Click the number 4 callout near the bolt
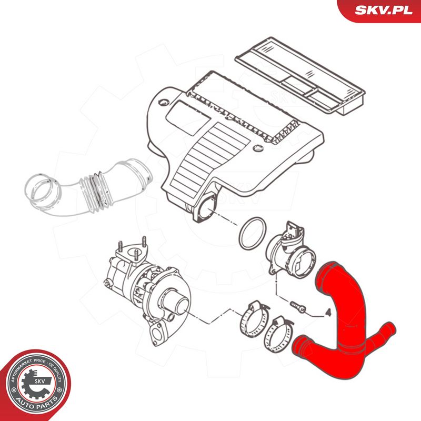tap(327, 312)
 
